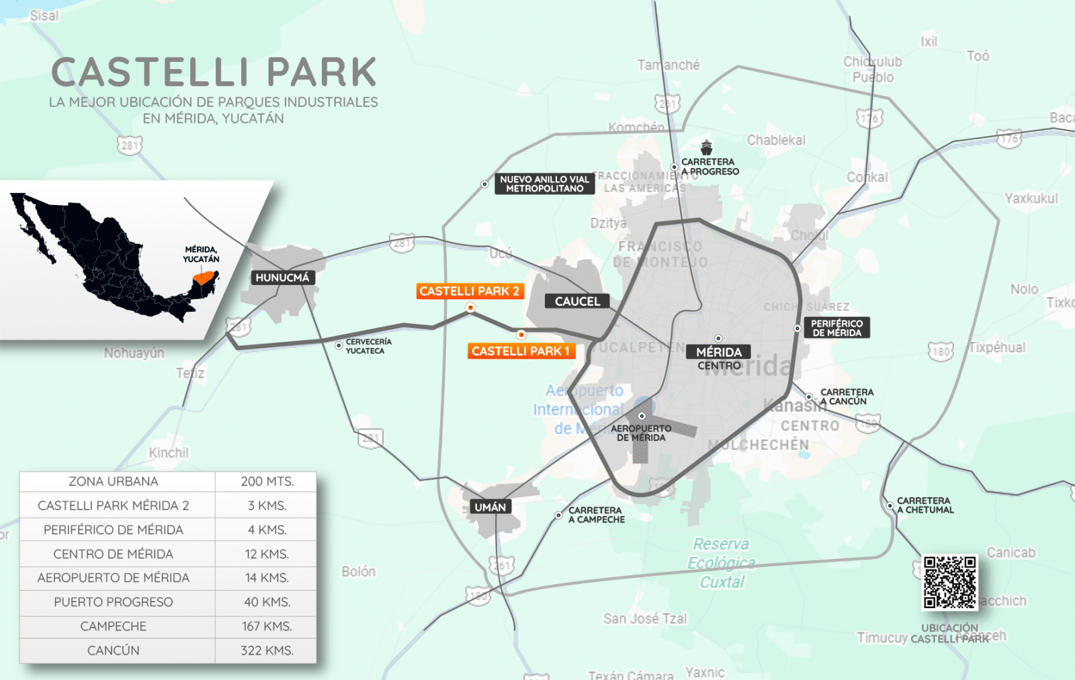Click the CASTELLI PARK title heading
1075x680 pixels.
point(214,73)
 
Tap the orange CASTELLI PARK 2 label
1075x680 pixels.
point(470,291)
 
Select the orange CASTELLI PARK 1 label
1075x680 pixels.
point(521,351)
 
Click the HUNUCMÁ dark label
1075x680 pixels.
point(282,278)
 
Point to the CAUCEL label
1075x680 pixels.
point(577,302)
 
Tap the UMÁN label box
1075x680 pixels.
point(490,507)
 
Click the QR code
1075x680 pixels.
point(949,583)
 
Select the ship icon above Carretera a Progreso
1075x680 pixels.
point(706,147)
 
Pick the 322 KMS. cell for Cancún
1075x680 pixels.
point(267,650)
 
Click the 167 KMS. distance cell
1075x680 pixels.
point(267,626)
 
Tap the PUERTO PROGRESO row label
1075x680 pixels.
point(114,602)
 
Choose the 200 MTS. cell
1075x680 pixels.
point(267,482)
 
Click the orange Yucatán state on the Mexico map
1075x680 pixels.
point(204,276)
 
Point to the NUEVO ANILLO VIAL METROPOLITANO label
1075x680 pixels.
point(544,184)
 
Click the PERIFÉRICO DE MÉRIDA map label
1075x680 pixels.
point(836,328)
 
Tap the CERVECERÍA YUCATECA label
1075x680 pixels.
point(368,346)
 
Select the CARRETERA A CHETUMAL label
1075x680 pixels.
point(924,505)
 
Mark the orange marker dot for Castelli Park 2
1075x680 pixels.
point(470,308)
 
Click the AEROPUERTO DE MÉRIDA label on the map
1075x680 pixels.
point(641,433)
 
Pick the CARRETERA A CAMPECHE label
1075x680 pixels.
point(596,515)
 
